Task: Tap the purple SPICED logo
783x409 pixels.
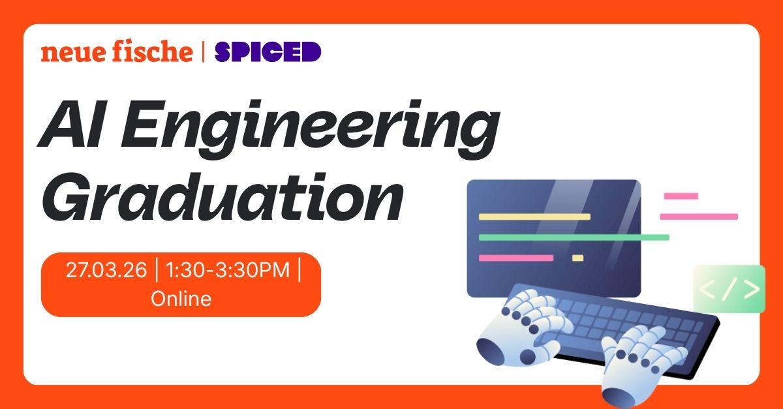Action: pyautogui.click(x=268, y=52)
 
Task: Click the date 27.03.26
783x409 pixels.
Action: pyautogui.click(x=106, y=270)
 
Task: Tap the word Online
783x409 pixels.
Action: pyautogui.click(x=181, y=299)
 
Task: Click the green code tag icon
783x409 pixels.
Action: pyautogui.click(x=729, y=289)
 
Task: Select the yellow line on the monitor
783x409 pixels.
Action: pyautogui.click(x=534, y=217)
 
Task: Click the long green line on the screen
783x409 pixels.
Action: pyautogui.click(x=574, y=237)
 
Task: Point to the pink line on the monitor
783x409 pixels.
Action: pyautogui.click(x=515, y=258)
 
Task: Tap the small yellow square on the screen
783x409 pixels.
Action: pyautogui.click(x=577, y=258)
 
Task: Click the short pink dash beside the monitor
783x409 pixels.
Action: pyautogui.click(x=681, y=196)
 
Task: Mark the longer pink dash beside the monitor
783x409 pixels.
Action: pyautogui.click(x=698, y=217)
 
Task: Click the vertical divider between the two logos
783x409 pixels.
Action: pyautogui.click(x=204, y=52)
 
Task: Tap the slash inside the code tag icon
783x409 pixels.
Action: pyautogui.click(x=729, y=289)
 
